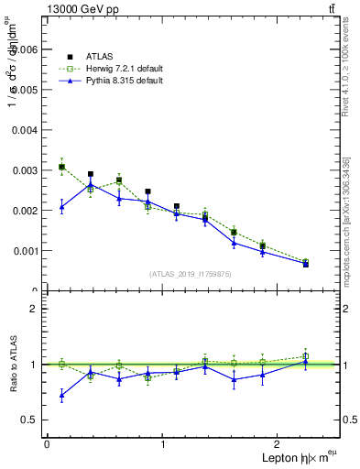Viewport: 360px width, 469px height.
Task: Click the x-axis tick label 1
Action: (163, 444)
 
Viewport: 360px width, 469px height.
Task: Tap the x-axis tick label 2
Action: (280, 444)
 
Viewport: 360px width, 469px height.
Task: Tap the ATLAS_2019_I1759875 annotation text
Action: (191, 273)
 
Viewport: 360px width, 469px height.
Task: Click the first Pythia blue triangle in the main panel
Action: (61, 207)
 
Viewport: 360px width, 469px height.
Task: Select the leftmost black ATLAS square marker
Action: (61, 167)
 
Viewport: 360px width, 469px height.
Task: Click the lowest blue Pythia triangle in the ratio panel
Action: (61, 396)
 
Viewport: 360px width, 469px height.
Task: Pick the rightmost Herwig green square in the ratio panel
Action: (305, 356)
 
